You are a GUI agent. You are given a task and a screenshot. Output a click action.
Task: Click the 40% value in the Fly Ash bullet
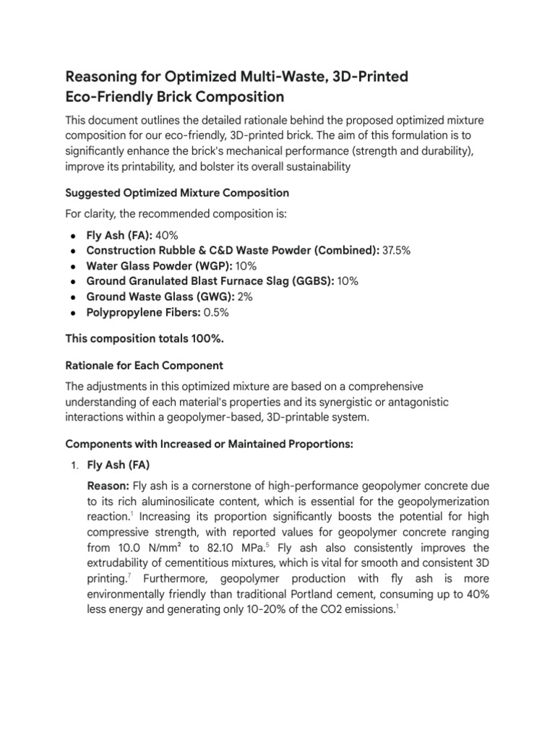tap(166, 236)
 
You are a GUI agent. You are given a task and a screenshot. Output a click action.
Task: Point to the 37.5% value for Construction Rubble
tap(397, 250)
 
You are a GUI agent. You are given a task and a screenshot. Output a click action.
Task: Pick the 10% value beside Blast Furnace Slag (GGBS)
tap(348, 280)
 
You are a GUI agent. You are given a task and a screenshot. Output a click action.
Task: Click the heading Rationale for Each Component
tap(145, 365)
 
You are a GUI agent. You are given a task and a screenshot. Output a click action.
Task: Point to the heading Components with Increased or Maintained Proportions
tap(209, 444)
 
